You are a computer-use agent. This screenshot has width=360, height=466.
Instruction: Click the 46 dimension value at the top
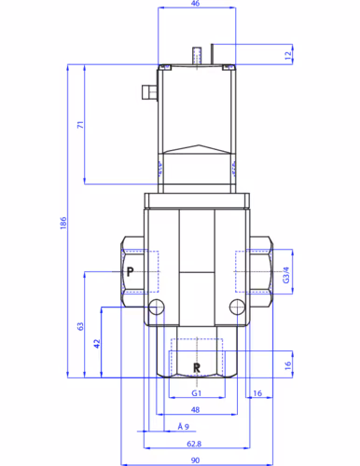point(195,4)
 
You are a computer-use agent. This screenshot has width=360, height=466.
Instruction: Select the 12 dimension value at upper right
point(288,55)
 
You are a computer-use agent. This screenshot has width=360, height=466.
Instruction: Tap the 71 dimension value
point(80,125)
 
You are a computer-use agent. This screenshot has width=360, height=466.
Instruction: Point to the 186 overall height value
point(63,223)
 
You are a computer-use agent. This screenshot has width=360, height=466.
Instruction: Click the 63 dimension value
point(80,326)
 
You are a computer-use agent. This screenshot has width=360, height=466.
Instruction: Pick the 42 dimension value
point(97,344)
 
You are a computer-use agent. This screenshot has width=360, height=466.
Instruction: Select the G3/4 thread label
point(286,275)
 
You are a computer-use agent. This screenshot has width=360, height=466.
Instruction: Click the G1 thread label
point(197,393)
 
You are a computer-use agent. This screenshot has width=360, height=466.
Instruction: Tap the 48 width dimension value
point(195,410)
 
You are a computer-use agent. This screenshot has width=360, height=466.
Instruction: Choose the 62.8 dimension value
point(194,444)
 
